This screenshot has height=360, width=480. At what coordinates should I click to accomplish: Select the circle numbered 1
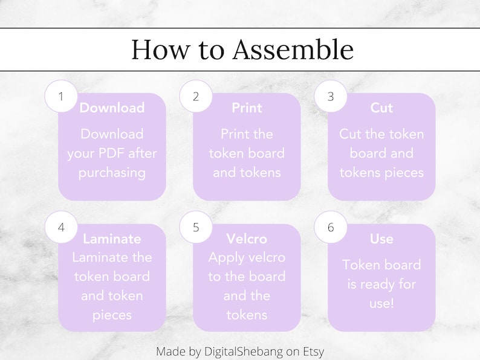pos(61,97)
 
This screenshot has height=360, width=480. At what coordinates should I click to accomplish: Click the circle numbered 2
pos(196,97)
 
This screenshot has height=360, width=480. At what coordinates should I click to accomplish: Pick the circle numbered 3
pos(331,97)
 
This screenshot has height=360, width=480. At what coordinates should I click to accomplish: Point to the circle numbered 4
pos(61,228)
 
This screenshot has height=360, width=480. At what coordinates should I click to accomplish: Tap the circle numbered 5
pos(196,228)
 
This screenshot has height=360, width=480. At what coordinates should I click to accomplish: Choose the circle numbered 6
pos(331,228)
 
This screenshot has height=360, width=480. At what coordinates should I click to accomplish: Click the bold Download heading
pos(112,108)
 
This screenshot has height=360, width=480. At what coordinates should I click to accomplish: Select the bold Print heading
pos(247,108)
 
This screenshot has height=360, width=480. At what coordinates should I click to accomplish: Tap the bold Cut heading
pos(381,108)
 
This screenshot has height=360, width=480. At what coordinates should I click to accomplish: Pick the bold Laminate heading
pos(112,239)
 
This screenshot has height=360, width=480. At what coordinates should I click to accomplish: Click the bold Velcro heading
pos(247,239)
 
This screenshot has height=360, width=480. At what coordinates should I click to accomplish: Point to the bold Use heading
pos(381,239)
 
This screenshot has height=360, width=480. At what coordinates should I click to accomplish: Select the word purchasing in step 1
pos(112,173)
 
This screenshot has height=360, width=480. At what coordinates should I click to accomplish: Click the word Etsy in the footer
pos(313,351)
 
